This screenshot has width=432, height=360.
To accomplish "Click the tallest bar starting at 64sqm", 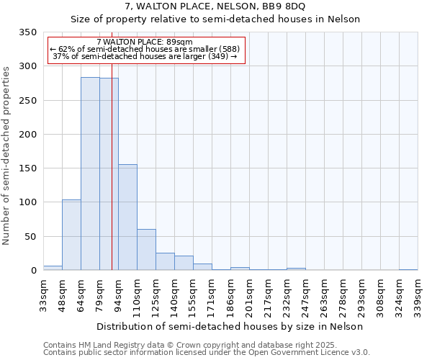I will (x=90, y=174).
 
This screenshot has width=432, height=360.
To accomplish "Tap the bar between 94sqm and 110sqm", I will (x=127, y=217).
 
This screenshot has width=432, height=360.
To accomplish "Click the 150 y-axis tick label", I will (x=28, y=168).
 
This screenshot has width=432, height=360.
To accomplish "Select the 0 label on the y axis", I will (x=33, y=271).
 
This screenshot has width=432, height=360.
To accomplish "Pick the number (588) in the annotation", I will (x=225, y=49).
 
